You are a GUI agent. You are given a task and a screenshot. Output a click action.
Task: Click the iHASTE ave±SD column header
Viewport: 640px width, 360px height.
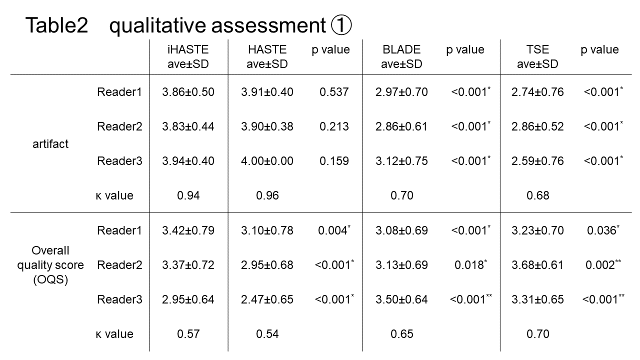point(188,56)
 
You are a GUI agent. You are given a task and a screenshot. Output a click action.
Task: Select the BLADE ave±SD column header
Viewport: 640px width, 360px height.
point(401,56)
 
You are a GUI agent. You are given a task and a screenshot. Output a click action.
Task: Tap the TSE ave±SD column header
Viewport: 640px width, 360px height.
point(537,56)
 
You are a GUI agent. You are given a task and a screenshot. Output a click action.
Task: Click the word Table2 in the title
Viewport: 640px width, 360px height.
point(56,25)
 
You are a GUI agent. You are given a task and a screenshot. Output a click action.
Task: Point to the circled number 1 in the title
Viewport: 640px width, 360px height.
point(341,25)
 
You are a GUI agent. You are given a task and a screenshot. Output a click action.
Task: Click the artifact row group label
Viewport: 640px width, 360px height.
point(50,144)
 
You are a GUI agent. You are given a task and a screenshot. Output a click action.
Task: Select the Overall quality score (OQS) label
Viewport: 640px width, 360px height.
point(50,265)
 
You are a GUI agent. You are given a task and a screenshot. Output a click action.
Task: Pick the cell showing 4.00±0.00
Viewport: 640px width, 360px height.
point(267,161)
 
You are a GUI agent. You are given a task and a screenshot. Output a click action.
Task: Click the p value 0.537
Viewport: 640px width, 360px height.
point(334,92)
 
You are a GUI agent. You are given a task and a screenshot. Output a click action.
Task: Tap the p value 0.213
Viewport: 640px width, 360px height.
point(334,126)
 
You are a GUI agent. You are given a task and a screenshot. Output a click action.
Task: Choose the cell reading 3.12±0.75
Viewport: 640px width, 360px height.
point(401,161)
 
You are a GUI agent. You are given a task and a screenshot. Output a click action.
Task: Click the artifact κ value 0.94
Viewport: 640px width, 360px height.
point(188,195)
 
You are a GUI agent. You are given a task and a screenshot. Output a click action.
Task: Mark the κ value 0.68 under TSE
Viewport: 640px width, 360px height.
point(537,195)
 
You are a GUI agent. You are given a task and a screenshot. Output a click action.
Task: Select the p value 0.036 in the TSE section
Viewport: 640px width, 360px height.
point(603,230)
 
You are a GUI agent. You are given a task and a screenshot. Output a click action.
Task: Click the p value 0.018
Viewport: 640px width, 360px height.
point(470,264)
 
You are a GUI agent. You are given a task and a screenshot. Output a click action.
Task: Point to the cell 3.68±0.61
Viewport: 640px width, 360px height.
point(537,265)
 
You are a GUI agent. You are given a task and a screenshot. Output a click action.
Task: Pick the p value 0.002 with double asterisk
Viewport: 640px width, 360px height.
point(603,264)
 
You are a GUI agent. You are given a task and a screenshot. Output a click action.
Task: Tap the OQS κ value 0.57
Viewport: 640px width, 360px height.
point(188,333)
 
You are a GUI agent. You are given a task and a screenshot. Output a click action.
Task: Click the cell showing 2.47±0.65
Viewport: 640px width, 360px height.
point(267,299)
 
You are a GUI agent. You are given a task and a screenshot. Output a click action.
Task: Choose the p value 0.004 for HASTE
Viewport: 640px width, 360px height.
point(334,230)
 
